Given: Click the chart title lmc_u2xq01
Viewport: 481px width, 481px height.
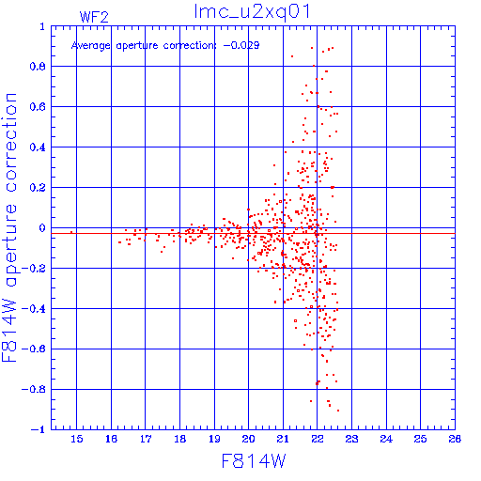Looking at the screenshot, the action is point(252,12).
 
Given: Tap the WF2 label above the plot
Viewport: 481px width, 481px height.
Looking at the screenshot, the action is point(94,17).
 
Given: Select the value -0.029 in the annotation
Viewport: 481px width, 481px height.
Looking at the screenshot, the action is point(241,45).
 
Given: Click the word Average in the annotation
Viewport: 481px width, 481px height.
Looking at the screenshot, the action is point(91,46).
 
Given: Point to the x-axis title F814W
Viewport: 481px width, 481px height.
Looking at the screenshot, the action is point(254,460).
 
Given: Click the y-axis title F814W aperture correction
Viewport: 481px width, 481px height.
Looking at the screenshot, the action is point(9,227).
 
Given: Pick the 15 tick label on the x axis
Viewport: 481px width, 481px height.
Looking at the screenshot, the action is point(77,439).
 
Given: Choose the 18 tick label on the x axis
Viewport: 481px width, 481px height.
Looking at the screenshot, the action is point(180,439).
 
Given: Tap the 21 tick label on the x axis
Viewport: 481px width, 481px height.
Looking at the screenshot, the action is point(283,439).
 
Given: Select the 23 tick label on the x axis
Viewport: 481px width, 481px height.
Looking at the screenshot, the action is point(351,439).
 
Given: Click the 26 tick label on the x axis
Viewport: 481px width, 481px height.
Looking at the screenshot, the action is point(455,439).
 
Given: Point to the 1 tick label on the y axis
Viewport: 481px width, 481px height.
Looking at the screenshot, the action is point(42,26).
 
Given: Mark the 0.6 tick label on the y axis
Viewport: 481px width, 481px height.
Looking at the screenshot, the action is point(38,107).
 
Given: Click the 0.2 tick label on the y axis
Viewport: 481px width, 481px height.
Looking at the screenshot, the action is point(38,188).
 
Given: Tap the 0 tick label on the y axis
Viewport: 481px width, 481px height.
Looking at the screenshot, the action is point(42,228).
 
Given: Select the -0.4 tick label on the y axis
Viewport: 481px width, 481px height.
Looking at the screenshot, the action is point(34,309).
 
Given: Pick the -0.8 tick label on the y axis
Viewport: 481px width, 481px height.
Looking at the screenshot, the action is point(34,390).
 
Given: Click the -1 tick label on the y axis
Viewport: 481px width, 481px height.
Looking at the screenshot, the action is point(39,429).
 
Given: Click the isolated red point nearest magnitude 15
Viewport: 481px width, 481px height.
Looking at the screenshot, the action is point(71,232).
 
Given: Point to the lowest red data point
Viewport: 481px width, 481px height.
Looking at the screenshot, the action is point(338,411).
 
